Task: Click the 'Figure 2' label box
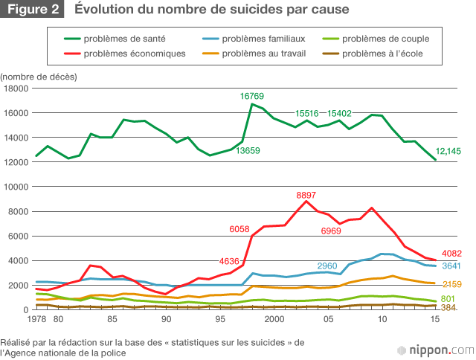point(33,10)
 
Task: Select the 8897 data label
point(306,196)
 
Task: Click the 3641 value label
point(453,266)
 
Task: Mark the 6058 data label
point(235,229)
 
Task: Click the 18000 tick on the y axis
point(16,89)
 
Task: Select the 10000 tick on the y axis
point(16,187)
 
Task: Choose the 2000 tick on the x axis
point(274,320)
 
